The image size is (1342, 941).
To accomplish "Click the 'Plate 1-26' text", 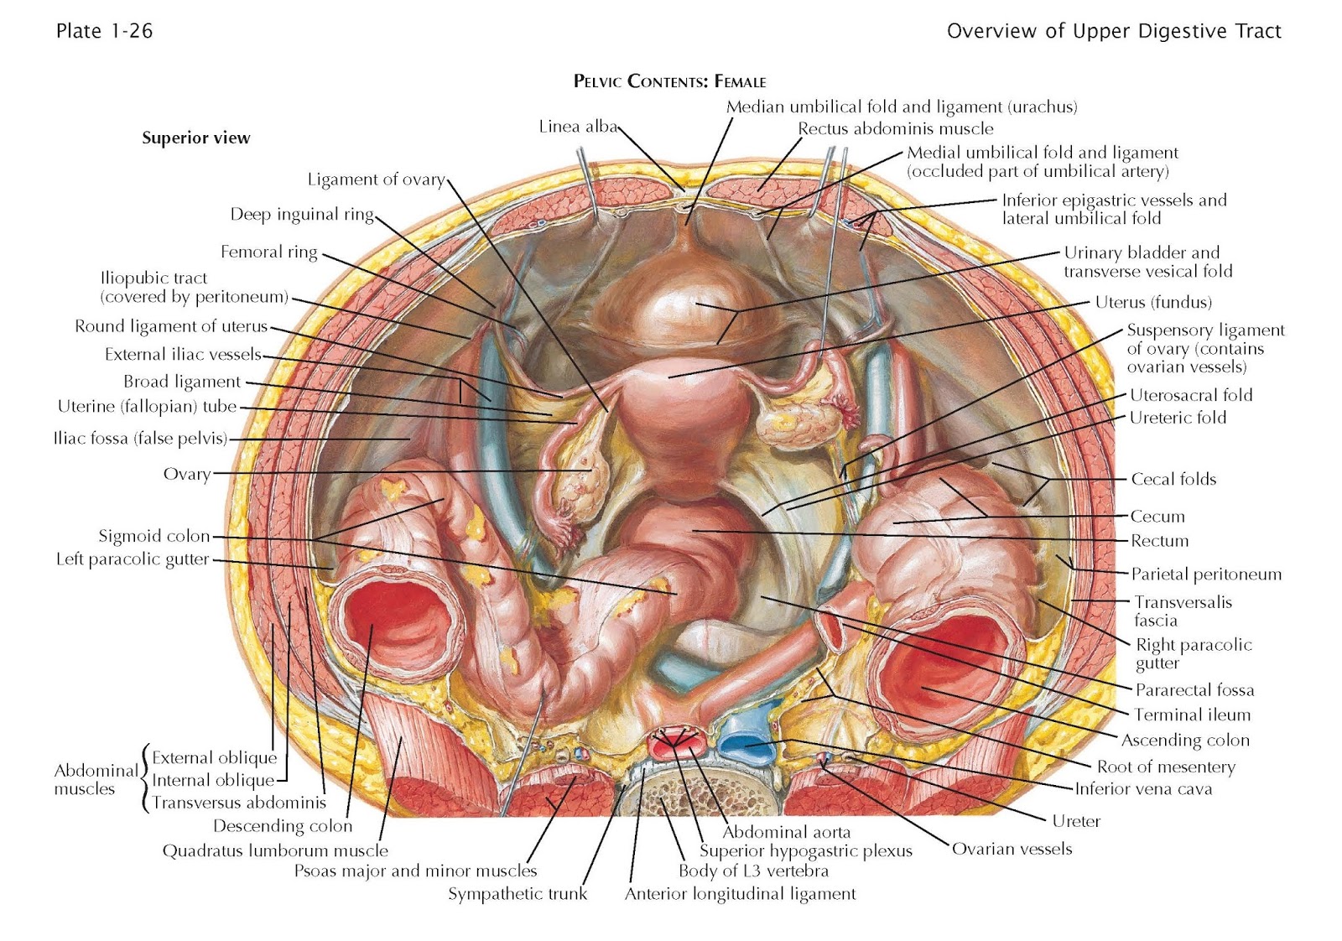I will pyautogui.click(x=104, y=31).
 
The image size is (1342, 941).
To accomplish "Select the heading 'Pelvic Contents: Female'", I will pyautogui.click(x=669, y=81).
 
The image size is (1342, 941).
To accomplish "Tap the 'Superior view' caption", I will pyautogui.click(x=195, y=138).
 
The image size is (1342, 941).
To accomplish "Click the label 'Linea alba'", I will pyautogui.click(x=577, y=127).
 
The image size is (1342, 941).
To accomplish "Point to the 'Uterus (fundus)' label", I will pyautogui.click(x=1153, y=302).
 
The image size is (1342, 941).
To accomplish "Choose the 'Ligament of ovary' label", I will pyautogui.click(x=376, y=179).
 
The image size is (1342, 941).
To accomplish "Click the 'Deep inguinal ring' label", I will pyautogui.click(x=302, y=215).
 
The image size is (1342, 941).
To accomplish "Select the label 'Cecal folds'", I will pyautogui.click(x=1173, y=479).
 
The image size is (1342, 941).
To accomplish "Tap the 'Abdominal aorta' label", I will pyautogui.click(x=786, y=832).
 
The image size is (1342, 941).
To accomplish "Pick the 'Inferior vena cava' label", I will pyautogui.click(x=1143, y=788).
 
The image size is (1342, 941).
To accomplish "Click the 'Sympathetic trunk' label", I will pyautogui.click(x=518, y=894).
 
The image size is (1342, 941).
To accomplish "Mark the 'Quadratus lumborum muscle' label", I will pyautogui.click(x=275, y=851).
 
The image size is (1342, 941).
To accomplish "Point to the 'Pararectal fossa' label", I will pyautogui.click(x=1194, y=690).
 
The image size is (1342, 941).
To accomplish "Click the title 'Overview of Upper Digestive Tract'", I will pyautogui.click(x=1114, y=31).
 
